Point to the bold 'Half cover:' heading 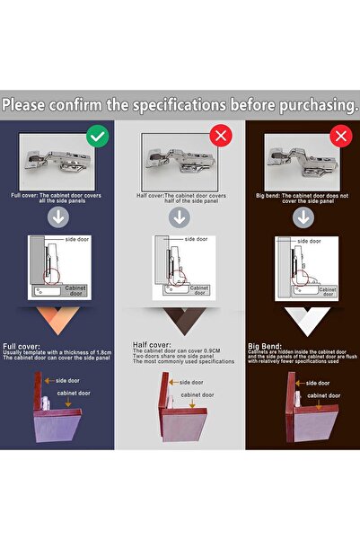tap(152, 343)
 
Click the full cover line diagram tap(58, 267)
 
